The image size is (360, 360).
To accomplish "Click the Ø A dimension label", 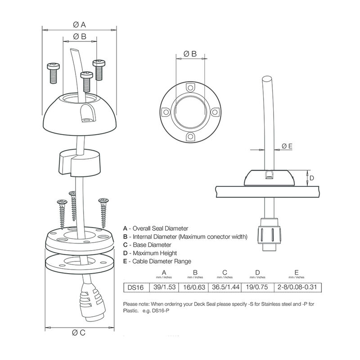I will coord(79,24).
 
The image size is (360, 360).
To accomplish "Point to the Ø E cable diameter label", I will coord(287,146).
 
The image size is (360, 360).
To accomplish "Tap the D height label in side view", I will coord(311,178).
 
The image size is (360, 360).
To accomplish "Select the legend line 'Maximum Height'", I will coord(153,253).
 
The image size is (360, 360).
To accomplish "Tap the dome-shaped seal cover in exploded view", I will coord(79,112).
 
